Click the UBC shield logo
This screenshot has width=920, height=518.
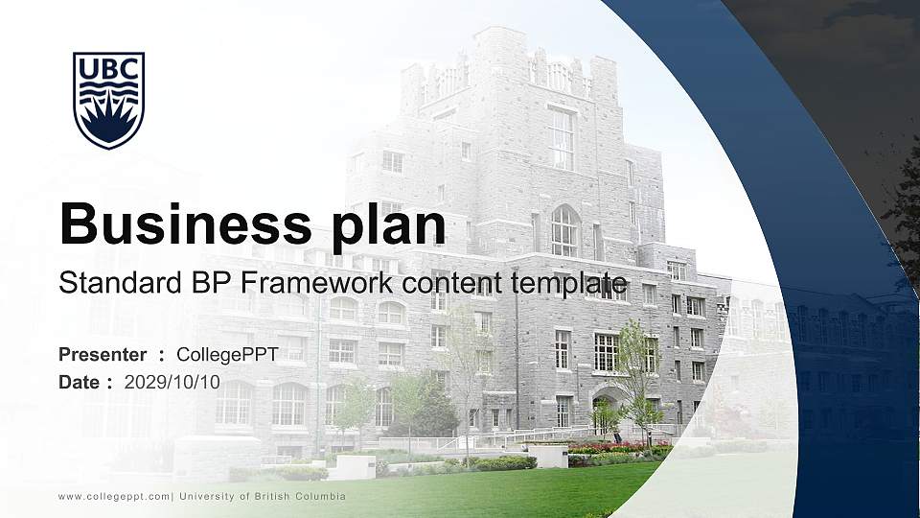[x=108, y=100]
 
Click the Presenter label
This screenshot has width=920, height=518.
[x=103, y=355]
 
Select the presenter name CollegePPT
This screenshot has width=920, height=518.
[x=227, y=355]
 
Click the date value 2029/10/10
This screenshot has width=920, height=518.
[x=172, y=382]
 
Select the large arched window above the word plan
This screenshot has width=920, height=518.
[x=564, y=231]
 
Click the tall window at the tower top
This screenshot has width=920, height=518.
[x=562, y=139]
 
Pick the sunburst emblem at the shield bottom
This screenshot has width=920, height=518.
[x=108, y=122]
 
